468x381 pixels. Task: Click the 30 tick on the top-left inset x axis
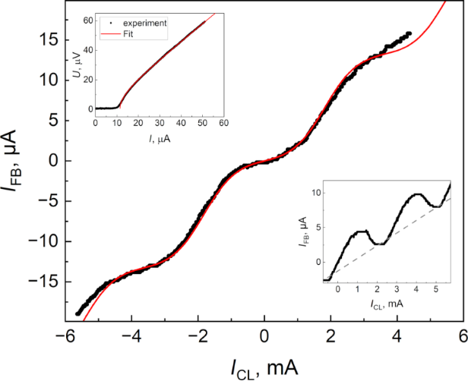point(160,122)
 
